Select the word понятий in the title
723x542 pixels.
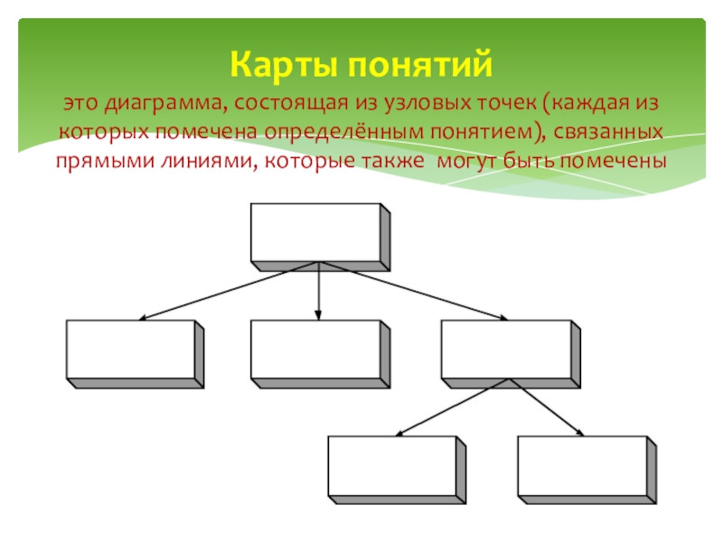pos(417,65)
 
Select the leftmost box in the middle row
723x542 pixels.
pos(130,349)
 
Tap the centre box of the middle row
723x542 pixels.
pos(315,349)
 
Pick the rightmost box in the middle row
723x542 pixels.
pos(506,349)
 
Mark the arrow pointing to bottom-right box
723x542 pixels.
pos(547,407)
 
